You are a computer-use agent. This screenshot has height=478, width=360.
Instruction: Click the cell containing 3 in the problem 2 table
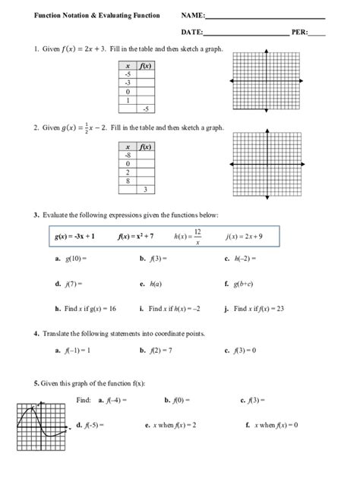point(145,189)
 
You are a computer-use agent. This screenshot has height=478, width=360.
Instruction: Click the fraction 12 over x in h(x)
point(197,237)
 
